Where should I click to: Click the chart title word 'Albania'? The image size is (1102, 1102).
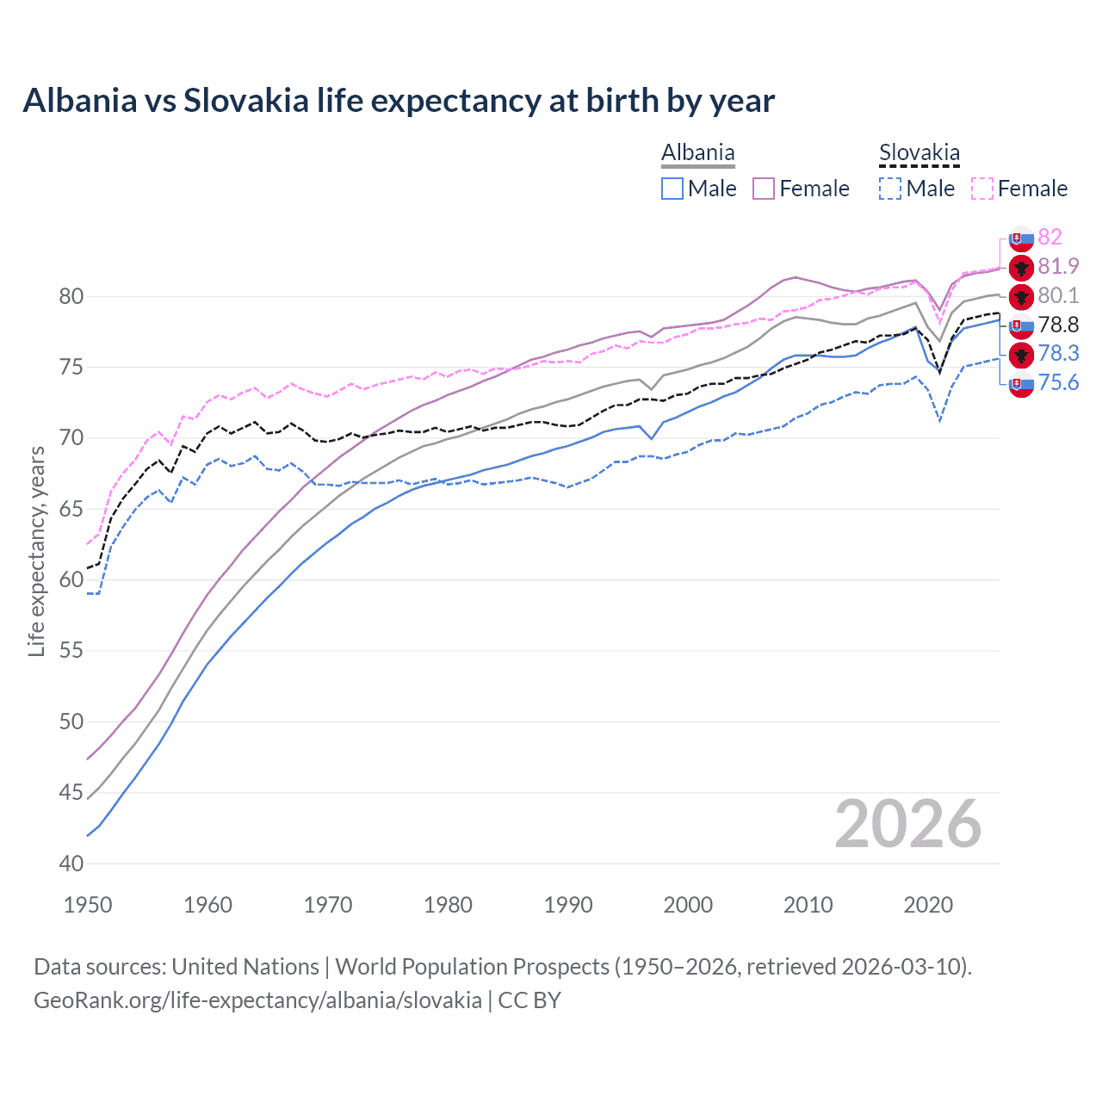[x=79, y=101]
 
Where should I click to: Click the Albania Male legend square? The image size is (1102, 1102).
[x=672, y=189]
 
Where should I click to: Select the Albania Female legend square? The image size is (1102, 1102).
[x=764, y=189]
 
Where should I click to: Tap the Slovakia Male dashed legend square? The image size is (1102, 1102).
[x=890, y=189]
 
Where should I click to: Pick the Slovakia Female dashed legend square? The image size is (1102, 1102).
[x=982, y=189]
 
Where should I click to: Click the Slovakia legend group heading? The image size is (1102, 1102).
[x=919, y=153]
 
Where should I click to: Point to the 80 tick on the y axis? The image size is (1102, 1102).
[x=71, y=297]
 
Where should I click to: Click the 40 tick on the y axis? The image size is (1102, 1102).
[x=71, y=864]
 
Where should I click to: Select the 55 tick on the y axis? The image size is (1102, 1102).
[x=71, y=651]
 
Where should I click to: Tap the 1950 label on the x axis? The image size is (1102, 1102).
[x=88, y=905]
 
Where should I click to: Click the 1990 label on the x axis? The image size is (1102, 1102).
[x=568, y=905]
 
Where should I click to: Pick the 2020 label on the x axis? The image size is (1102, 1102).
[x=928, y=905]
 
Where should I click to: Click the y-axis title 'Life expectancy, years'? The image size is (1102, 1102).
[x=37, y=551]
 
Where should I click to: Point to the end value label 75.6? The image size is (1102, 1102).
[x=1058, y=383]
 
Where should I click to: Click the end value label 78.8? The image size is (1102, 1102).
[x=1058, y=325]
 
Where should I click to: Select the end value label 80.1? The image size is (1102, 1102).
[x=1058, y=295]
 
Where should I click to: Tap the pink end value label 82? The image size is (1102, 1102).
[x=1049, y=237]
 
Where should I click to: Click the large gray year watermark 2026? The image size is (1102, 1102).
[x=907, y=824]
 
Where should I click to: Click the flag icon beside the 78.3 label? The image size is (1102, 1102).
[x=1021, y=354]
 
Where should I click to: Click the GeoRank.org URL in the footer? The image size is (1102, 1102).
[x=257, y=1000]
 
